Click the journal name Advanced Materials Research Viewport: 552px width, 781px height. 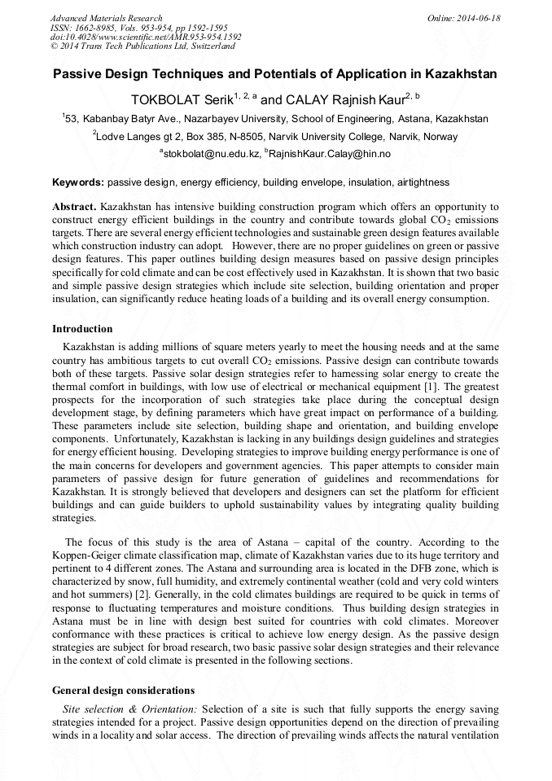click(106, 18)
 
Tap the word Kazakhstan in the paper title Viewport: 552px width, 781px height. click(457, 74)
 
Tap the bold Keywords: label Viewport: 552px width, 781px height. click(78, 182)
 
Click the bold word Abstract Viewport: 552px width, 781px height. click(75, 208)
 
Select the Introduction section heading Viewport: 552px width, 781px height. click(82, 329)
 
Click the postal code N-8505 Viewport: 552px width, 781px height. click(248, 137)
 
